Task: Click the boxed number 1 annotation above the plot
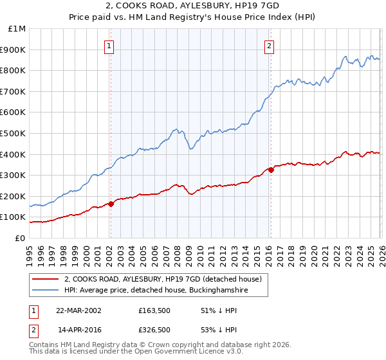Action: click(109, 46)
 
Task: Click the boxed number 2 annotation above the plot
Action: click(268, 46)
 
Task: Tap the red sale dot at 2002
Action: click(111, 204)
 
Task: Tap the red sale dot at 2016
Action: click(271, 170)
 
